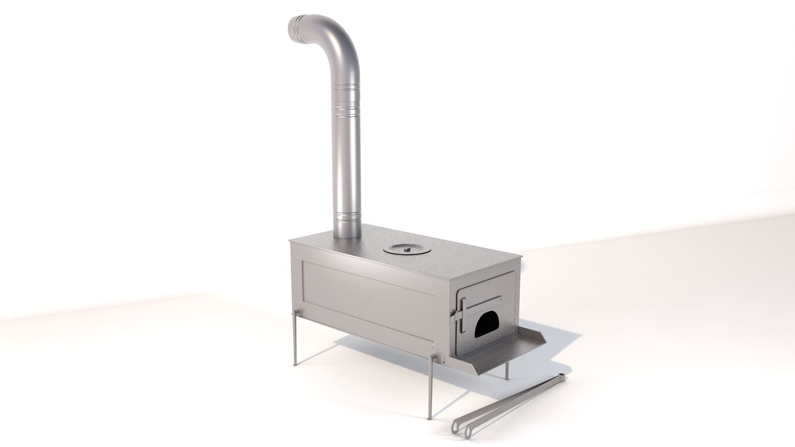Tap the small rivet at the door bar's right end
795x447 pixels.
coord(501,298)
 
